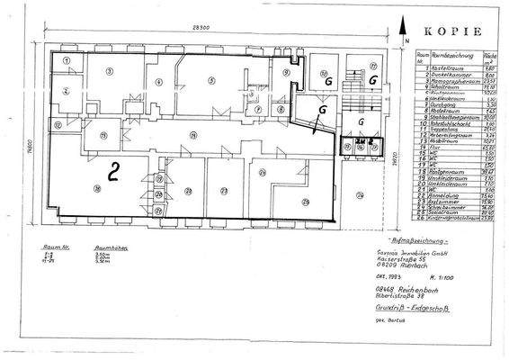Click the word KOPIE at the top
click(452, 28)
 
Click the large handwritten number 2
click(113, 169)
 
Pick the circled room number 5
click(211, 80)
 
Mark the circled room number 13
click(104, 136)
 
